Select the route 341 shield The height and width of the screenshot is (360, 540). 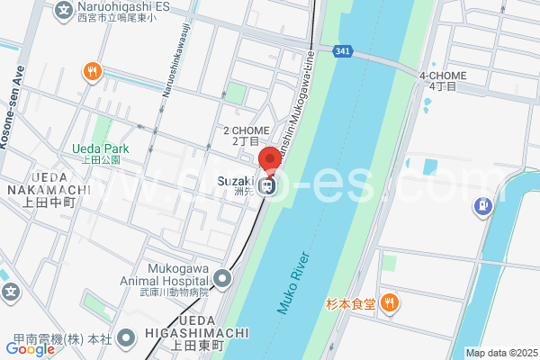tap(341, 50)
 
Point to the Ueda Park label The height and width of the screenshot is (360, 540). tap(101, 148)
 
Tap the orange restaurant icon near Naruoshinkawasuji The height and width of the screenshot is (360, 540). tap(90, 71)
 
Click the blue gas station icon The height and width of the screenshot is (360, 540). tap(484, 207)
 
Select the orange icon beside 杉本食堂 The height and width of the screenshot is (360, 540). tap(390, 303)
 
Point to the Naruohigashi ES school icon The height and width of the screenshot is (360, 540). tap(65, 10)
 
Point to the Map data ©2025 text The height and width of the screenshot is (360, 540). tap(500, 353)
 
